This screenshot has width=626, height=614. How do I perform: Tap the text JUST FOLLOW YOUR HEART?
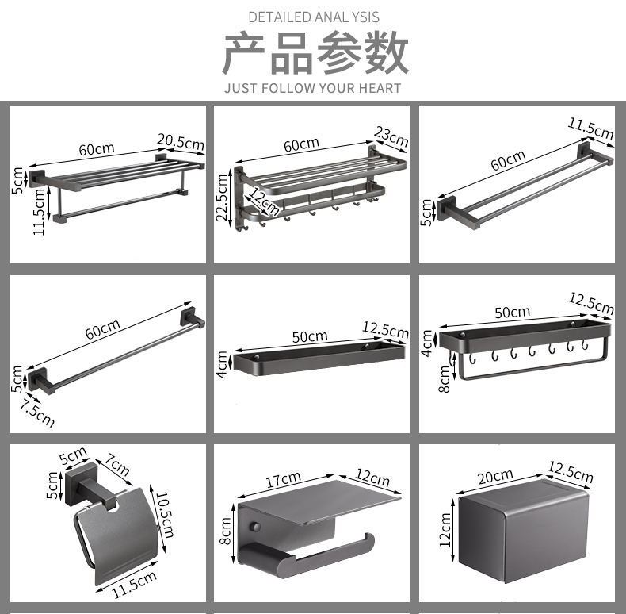click(x=313, y=88)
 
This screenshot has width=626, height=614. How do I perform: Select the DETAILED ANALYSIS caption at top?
click(x=314, y=17)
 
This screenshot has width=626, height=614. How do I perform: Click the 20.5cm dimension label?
click(x=180, y=142)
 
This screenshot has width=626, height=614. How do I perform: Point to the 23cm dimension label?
click(x=391, y=136)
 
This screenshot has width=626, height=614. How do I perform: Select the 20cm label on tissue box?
click(x=495, y=476)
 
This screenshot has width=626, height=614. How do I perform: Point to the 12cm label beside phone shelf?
click(x=372, y=478)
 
